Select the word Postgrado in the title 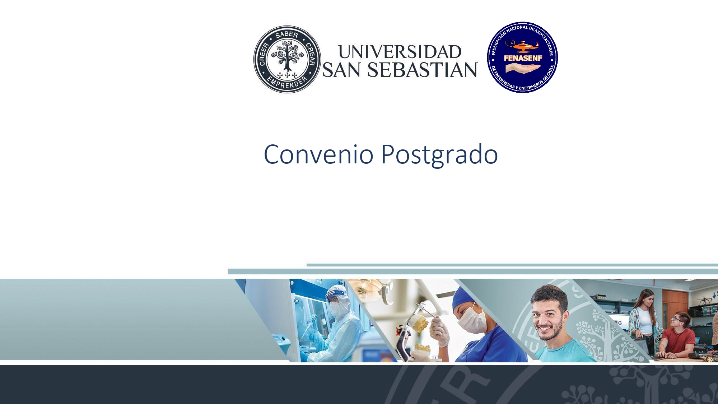click(439, 155)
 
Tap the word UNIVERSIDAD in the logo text click(400, 52)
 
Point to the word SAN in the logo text click(341, 70)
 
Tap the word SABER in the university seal click(287, 34)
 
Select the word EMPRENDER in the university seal click(287, 84)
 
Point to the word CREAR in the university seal click(311, 55)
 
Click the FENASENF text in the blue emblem click(523, 58)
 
